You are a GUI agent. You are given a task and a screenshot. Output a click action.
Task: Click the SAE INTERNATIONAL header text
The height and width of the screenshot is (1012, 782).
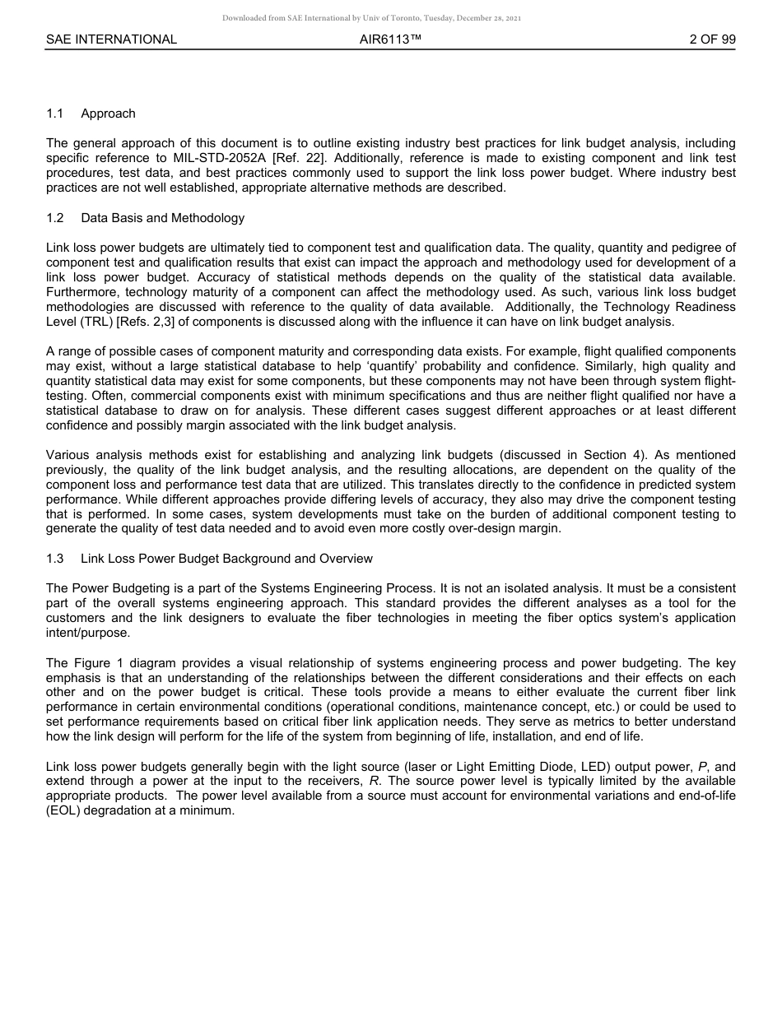(x=111, y=39)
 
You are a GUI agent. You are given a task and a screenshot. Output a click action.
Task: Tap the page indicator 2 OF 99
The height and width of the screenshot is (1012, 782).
(x=712, y=39)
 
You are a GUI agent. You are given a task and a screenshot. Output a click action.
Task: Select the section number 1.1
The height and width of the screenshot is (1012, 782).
(x=55, y=114)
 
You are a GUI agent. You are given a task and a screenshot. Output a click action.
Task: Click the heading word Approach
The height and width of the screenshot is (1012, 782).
(x=108, y=114)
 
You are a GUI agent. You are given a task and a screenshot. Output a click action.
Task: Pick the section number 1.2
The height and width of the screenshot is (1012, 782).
(x=55, y=218)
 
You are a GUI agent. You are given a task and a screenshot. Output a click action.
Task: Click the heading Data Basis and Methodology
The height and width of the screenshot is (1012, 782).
(x=162, y=218)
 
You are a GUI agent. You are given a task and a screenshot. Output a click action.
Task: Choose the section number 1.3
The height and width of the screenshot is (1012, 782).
(x=55, y=559)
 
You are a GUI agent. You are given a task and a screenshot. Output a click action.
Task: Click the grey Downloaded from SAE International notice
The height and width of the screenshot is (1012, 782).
(x=371, y=17)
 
